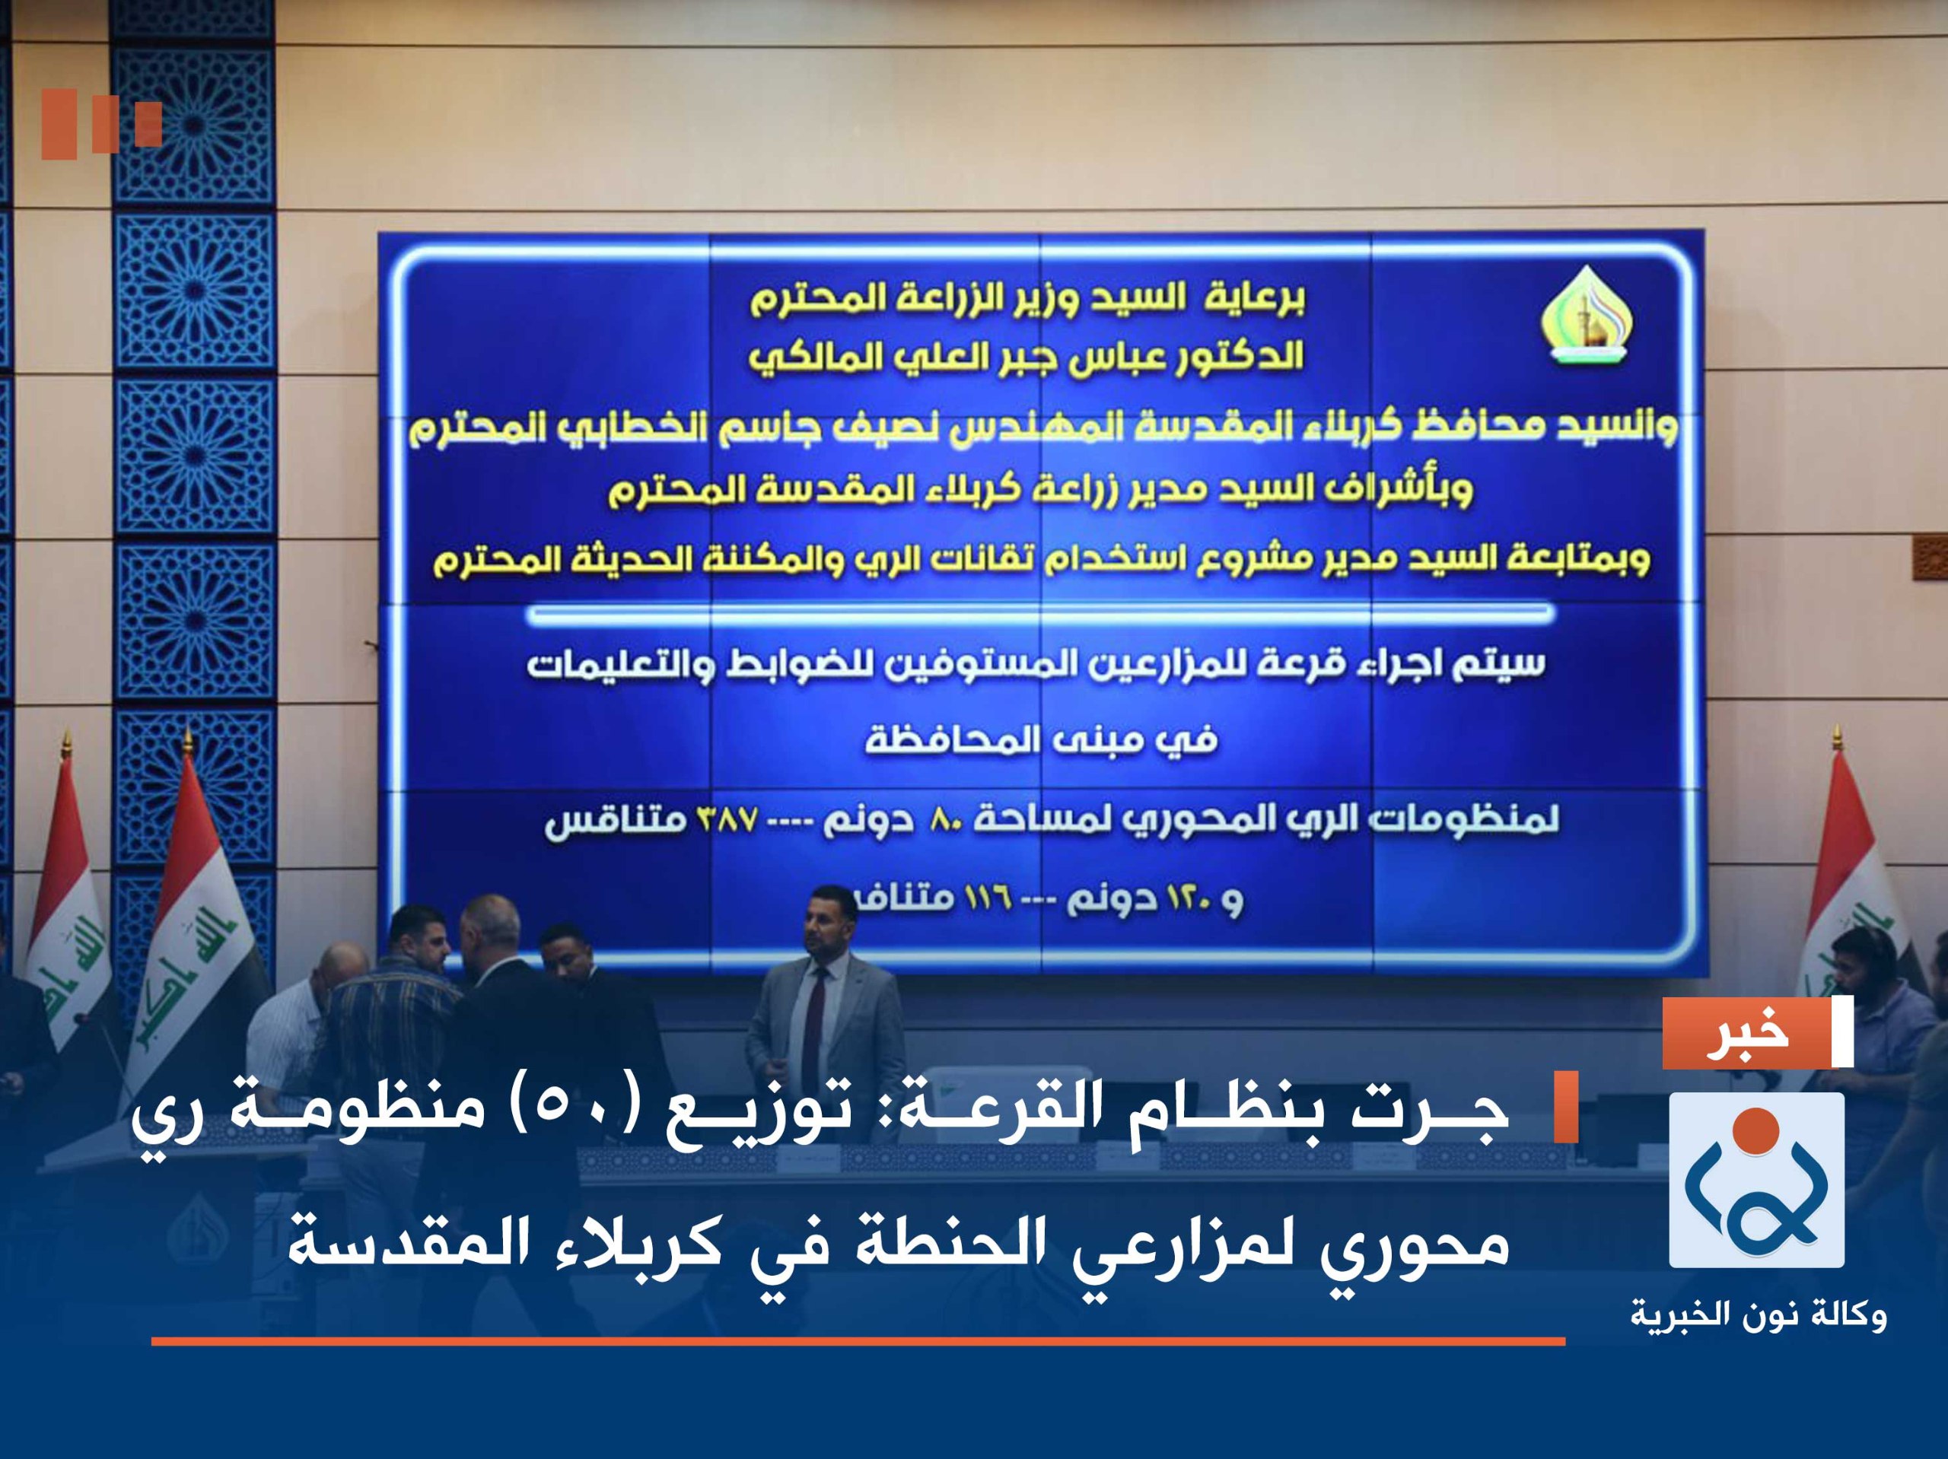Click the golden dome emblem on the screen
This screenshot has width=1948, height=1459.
tap(1585, 317)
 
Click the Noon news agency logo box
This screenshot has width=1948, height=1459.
tap(1756, 1180)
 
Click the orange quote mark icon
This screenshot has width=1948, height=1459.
tap(101, 123)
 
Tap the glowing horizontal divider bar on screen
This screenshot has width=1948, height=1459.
tap(1039, 613)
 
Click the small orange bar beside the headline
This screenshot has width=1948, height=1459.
tap(1565, 1107)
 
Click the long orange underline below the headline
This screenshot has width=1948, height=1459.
tap(858, 1342)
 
